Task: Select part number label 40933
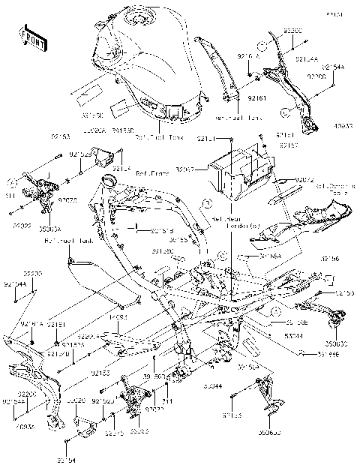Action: (x=344, y=125)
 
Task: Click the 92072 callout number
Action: (x=304, y=181)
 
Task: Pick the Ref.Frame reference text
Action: (x=151, y=172)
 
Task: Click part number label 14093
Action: (x=119, y=318)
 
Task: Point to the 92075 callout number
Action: (x=68, y=200)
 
